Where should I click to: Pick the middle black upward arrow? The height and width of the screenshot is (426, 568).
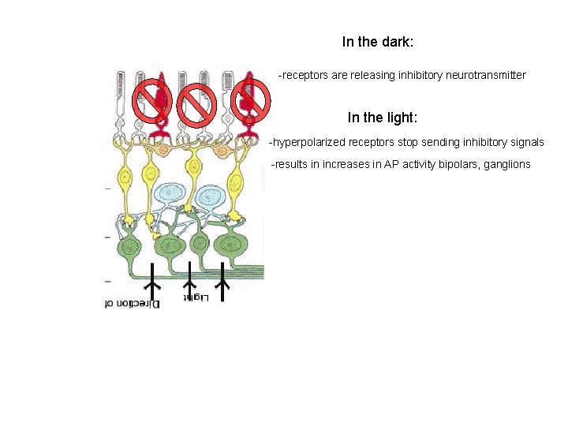pyautogui.click(x=189, y=287)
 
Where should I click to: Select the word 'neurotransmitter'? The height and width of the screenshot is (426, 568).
pyautogui.click(x=484, y=76)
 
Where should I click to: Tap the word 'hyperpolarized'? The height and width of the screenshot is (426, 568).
pyautogui.click(x=308, y=143)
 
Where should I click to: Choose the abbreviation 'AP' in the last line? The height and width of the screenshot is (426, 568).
pyautogui.click(x=383, y=164)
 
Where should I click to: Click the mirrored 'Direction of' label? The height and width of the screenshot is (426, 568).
pyautogui.click(x=133, y=303)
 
